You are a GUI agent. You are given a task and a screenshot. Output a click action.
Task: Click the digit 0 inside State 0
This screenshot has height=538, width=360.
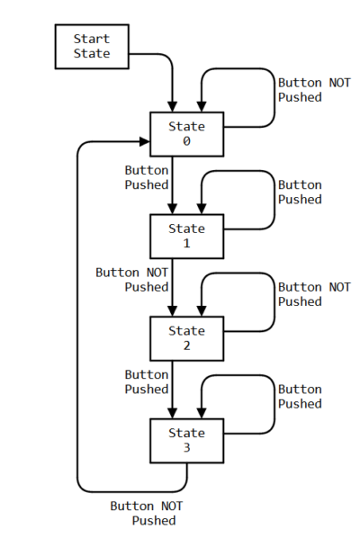click(x=186, y=141)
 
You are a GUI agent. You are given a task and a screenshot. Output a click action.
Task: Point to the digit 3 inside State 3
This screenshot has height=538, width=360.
click(x=186, y=447)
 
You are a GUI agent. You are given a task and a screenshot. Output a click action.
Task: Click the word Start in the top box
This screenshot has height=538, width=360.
click(x=92, y=39)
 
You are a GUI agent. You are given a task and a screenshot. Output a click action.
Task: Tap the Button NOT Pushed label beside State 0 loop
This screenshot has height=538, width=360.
click(x=314, y=90)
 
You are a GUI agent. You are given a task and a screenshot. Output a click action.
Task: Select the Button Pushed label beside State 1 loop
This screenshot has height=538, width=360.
click(x=300, y=192)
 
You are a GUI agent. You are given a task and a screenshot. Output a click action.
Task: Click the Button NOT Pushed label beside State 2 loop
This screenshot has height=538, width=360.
click(x=314, y=294)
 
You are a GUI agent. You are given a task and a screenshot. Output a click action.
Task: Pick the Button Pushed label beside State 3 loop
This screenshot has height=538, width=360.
click(x=300, y=396)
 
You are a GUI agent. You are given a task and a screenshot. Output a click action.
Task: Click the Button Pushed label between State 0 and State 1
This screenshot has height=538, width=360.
click(x=147, y=177)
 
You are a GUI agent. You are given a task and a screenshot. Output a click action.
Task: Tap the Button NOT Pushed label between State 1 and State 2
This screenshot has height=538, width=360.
click(x=132, y=280)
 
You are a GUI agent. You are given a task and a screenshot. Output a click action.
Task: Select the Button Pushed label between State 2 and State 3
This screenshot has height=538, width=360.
click(x=147, y=381)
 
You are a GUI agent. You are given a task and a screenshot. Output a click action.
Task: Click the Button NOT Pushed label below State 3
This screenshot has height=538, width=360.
click(x=147, y=514)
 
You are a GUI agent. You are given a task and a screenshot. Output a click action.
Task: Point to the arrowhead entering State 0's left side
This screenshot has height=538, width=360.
click(x=145, y=141)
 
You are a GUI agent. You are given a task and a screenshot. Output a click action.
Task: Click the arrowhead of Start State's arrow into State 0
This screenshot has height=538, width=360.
click(x=172, y=106)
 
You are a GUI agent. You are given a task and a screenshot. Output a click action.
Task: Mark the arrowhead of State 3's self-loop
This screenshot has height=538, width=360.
click(x=202, y=413)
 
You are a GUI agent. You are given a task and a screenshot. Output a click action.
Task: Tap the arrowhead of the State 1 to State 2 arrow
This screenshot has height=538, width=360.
click(x=172, y=311)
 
